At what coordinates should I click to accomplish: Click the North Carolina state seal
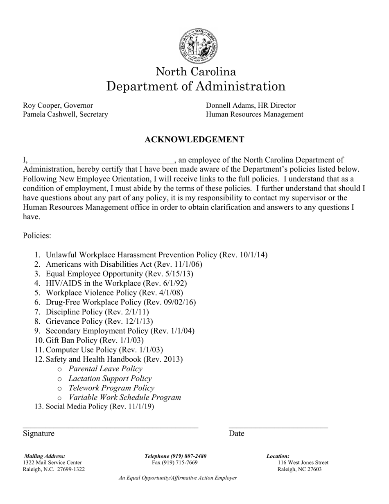198,46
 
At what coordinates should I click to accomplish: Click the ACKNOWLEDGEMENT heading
194,140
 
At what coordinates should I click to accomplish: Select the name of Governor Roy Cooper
58,105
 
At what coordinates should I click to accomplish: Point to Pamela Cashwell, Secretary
66,114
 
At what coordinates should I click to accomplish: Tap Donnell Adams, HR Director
251,105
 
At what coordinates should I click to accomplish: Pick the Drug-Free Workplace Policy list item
121,302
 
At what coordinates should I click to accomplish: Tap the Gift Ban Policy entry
95,340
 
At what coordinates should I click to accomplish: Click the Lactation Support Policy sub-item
110,378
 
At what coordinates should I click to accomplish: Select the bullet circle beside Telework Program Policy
60,388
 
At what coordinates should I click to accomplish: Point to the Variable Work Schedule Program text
124,397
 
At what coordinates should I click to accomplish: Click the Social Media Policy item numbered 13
100,406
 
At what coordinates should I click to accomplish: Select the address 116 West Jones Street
303,463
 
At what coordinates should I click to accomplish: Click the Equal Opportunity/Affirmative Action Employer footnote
178,478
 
